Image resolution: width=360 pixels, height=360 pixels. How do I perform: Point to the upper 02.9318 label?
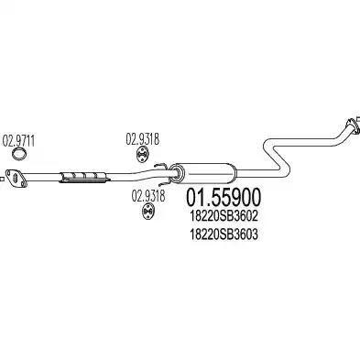(x=143, y=140)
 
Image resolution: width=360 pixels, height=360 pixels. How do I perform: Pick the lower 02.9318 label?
(x=147, y=194)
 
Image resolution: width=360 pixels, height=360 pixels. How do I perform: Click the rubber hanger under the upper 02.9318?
(x=143, y=163)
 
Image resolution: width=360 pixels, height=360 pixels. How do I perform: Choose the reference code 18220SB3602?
(x=225, y=216)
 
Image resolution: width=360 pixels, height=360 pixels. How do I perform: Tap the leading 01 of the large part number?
(x=197, y=198)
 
